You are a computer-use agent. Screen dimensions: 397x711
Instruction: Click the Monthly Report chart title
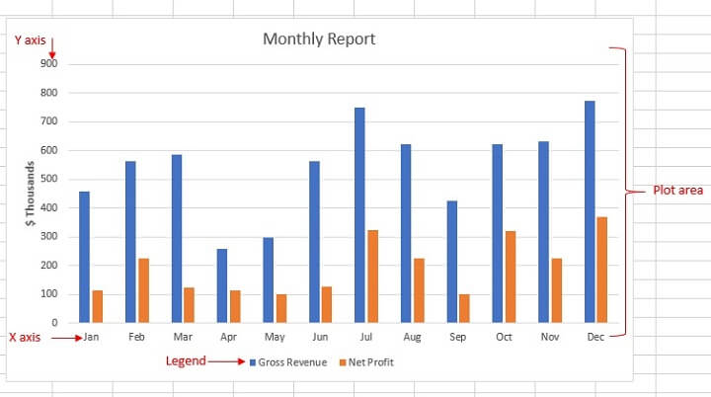click(319, 40)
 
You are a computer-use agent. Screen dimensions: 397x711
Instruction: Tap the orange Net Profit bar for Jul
click(372, 277)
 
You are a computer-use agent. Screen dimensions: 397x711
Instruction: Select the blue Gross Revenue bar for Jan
click(85, 257)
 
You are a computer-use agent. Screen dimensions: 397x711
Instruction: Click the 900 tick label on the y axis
click(49, 64)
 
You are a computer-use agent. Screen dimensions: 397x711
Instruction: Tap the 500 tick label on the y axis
click(49, 179)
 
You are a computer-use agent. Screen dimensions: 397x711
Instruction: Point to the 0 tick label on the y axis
click(54, 323)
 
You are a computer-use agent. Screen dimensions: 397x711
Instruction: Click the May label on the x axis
click(275, 338)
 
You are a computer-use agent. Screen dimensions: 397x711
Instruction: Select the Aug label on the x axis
click(412, 338)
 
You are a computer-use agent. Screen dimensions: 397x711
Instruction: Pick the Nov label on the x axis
click(550, 338)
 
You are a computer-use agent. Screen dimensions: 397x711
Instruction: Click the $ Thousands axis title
click(31, 194)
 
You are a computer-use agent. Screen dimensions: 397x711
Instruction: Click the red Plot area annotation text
click(678, 190)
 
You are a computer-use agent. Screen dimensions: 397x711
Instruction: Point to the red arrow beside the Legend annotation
click(225, 361)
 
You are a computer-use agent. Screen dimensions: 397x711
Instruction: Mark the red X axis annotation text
click(25, 337)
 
